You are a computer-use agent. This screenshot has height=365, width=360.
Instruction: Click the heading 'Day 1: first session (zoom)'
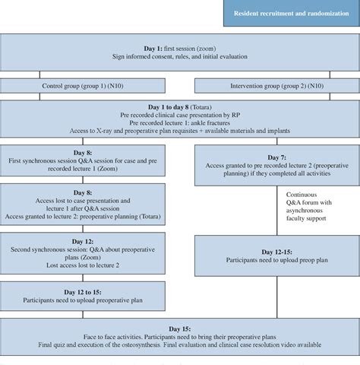point(180,46)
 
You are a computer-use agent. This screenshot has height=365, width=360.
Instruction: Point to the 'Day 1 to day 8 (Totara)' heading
point(180,109)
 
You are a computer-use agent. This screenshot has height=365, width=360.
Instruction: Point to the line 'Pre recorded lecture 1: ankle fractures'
point(180,126)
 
